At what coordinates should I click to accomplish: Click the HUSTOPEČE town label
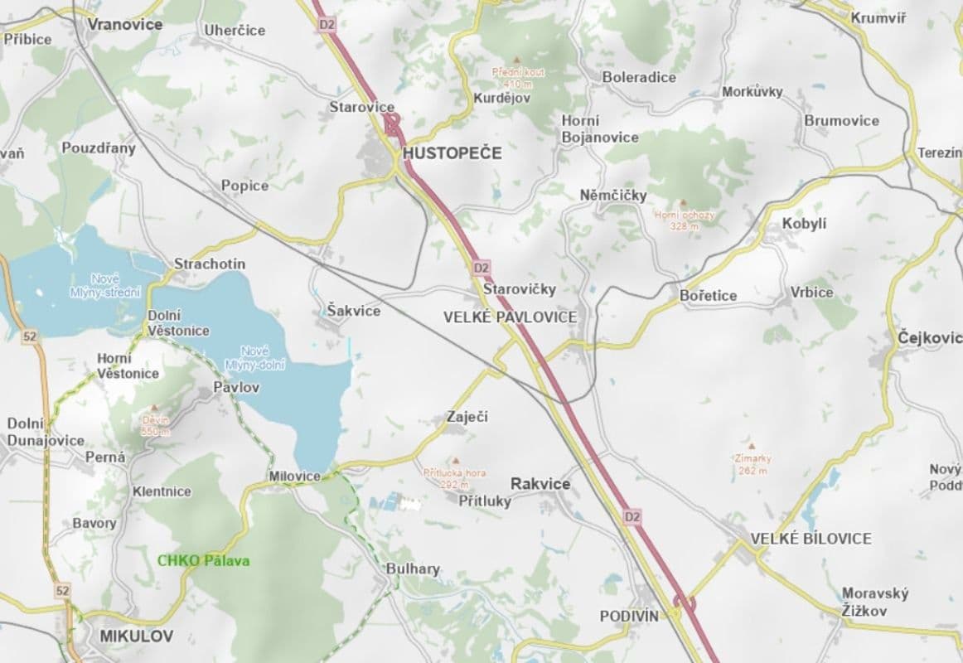[x=452, y=153]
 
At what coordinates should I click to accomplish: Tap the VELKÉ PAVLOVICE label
[x=510, y=317]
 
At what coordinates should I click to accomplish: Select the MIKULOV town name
[x=136, y=636]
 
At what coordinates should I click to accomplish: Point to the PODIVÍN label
[x=629, y=616]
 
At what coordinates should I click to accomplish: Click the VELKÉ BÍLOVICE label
[x=811, y=539]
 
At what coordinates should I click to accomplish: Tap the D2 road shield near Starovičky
[x=481, y=268]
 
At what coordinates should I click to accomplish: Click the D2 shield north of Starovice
[x=327, y=25]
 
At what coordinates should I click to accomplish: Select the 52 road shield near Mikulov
[x=64, y=590]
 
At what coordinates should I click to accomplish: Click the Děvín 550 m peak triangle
[x=154, y=409]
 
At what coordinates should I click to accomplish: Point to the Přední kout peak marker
[x=518, y=60]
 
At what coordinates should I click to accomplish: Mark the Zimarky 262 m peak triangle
[x=752, y=446]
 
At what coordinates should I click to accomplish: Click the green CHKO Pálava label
[x=203, y=561]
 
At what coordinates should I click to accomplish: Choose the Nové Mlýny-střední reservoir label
[x=116, y=285]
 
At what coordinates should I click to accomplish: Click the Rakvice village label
[x=540, y=483]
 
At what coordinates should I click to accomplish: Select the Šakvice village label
[x=353, y=311]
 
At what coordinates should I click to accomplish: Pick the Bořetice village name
[x=708, y=296]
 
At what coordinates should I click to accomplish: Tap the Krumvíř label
[x=879, y=17]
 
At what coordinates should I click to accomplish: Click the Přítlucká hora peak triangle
[x=454, y=461]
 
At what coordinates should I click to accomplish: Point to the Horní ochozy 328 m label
[x=684, y=220]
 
